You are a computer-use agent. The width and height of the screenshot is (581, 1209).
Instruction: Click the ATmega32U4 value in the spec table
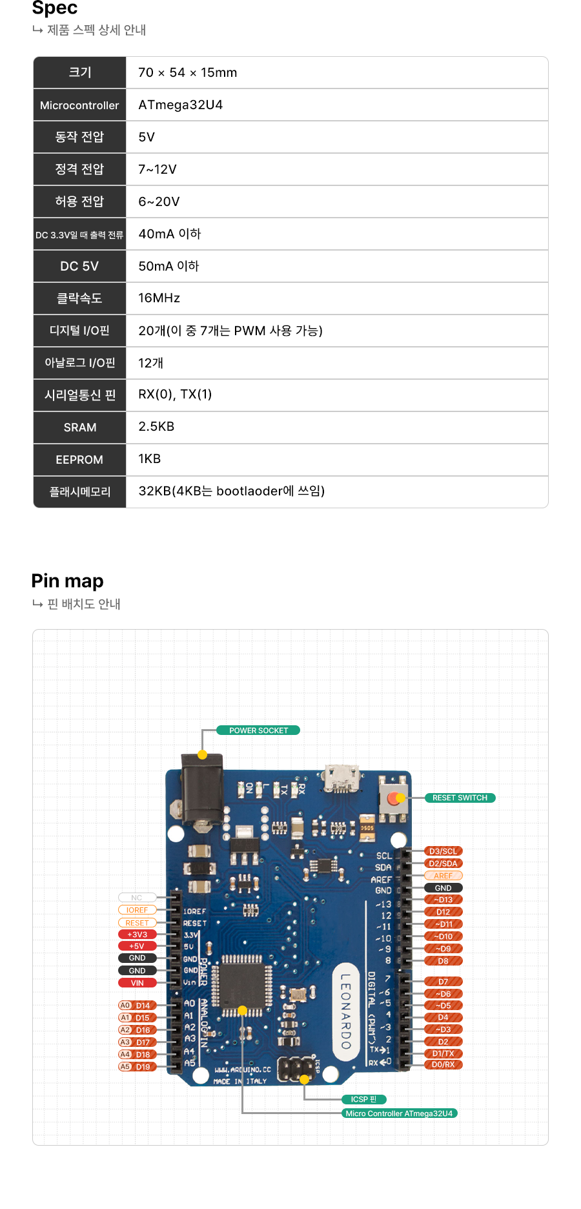[x=180, y=105]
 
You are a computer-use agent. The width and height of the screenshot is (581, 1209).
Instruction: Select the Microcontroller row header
[x=79, y=105]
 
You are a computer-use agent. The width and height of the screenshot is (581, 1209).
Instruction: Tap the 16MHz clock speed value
[x=159, y=298]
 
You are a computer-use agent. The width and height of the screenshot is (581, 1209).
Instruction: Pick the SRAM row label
[x=79, y=428]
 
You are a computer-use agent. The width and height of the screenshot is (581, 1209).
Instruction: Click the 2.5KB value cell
[x=156, y=426]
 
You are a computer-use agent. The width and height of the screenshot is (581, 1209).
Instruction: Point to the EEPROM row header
[x=79, y=460]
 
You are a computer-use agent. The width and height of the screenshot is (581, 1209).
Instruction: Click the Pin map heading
[x=67, y=581]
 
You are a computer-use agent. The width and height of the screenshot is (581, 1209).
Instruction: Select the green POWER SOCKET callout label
[x=258, y=730]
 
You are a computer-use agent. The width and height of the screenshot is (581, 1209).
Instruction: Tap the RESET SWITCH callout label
[x=460, y=798]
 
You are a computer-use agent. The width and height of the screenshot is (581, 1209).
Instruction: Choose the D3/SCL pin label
[x=443, y=851]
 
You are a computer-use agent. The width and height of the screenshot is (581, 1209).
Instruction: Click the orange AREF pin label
[x=443, y=876]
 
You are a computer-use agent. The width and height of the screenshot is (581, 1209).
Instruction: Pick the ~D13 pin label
[x=443, y=900]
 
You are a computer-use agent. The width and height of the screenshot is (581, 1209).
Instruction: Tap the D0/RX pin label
[x=443, y=1064]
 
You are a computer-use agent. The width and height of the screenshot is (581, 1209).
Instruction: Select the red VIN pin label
[x=137, y=983]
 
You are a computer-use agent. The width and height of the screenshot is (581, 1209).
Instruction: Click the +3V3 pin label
[x=137, y=935]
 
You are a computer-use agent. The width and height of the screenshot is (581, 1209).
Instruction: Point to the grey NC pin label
[x=137, y=898]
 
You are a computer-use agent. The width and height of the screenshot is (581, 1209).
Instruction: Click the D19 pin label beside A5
[x=143, y=1067]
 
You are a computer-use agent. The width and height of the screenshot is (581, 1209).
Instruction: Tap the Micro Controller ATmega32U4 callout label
[x=399, y=1113]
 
